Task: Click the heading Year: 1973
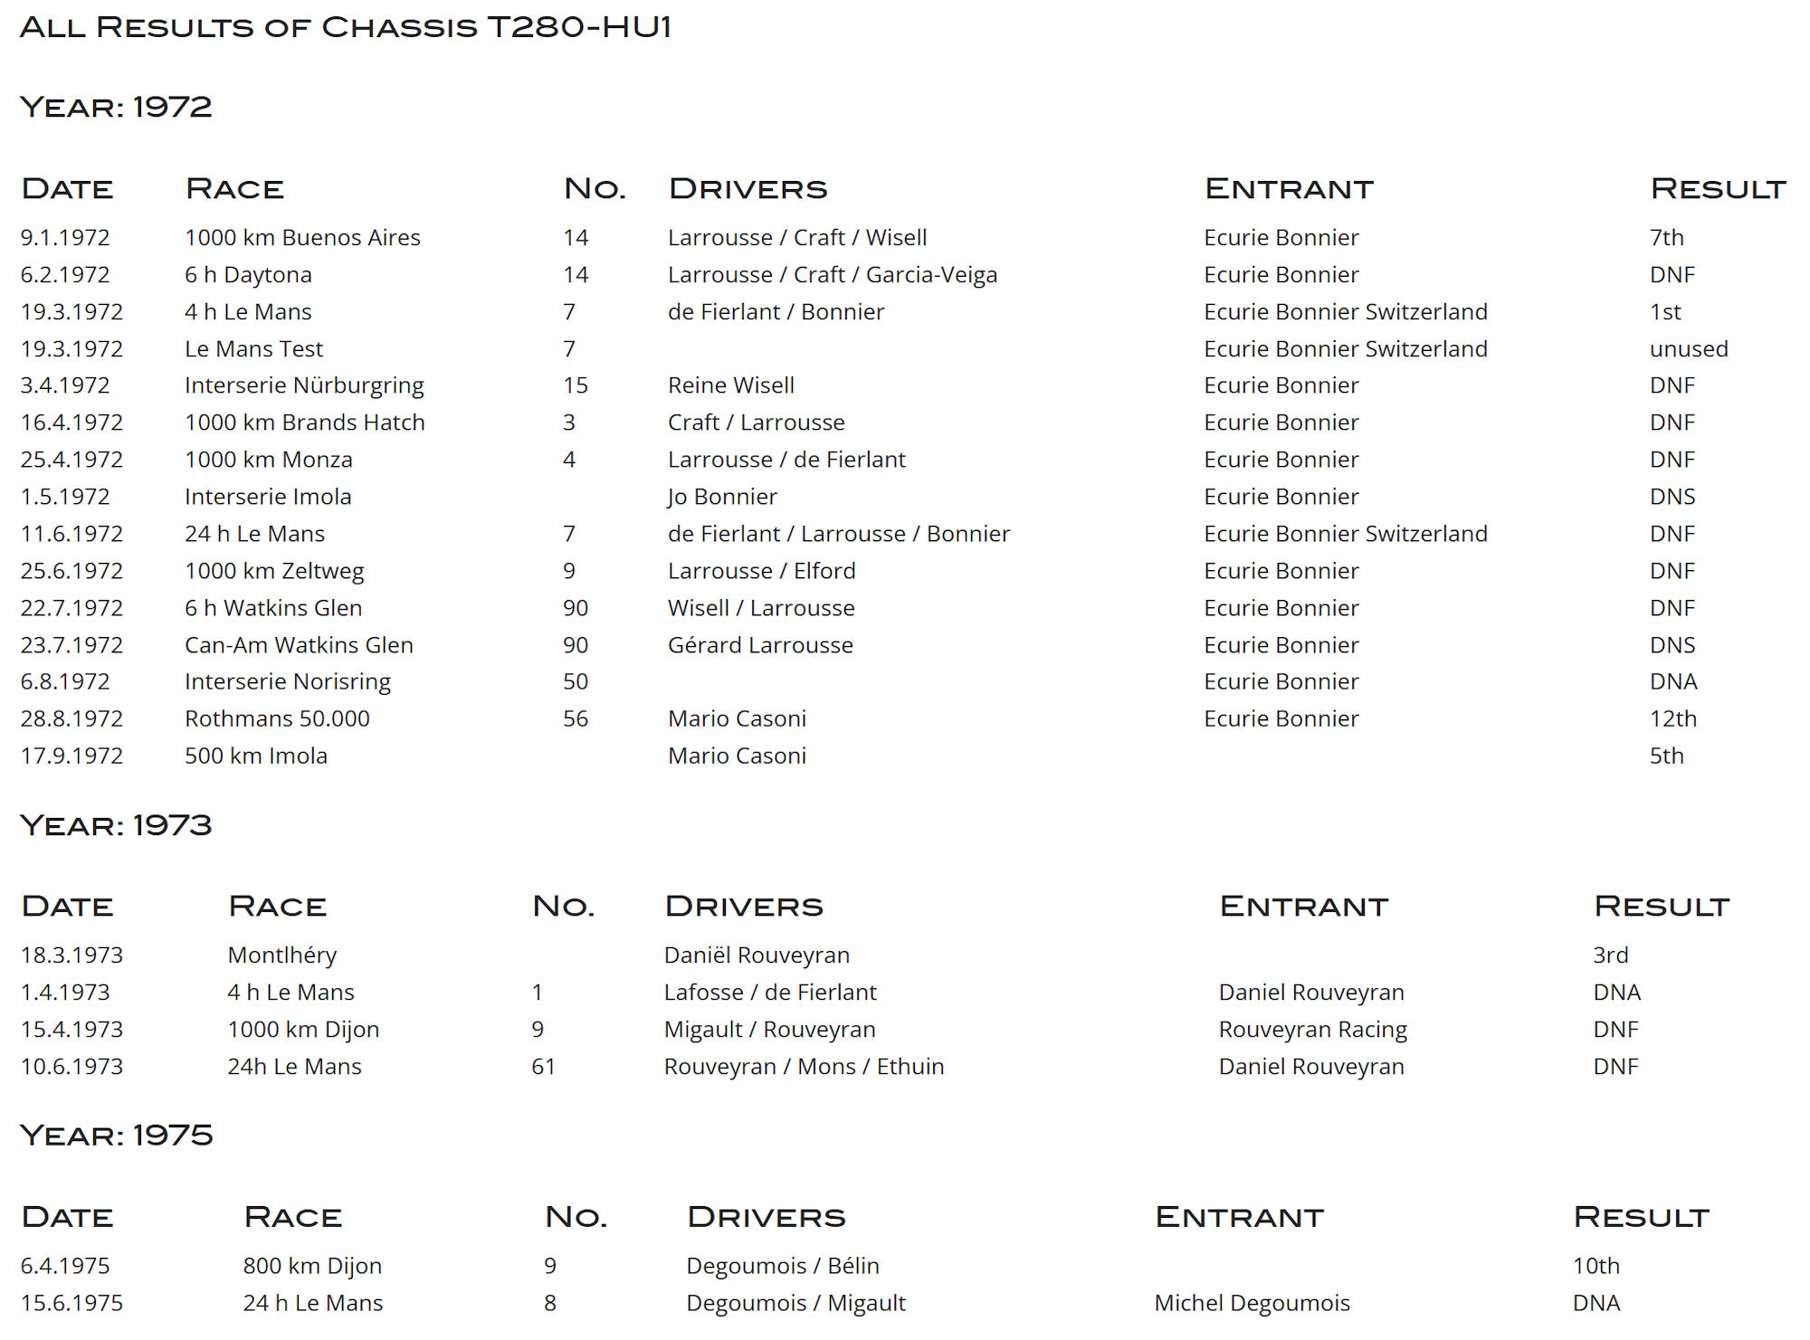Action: pos(116,825)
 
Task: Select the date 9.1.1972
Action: pos(65,238)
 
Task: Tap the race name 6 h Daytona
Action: pos(248,275)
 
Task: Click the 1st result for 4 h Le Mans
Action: pos(1664,312)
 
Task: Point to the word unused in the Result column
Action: pos(1688,349)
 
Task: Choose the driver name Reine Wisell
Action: pos(730,385)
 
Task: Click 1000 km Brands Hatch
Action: pos(304,423)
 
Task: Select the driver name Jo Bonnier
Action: pos(721,497)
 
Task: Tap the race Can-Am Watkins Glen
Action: pos(299,645)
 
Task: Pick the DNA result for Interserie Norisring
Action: pos(1672,682)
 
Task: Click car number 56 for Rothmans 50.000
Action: pos(575,719)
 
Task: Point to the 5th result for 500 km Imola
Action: pos(1666,756)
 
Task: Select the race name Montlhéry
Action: pos(281,955)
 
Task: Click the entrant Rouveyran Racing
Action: pos(1312,1030)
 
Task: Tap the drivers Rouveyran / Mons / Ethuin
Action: pos(804,1067)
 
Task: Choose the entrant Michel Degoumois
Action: pos(1252,1304)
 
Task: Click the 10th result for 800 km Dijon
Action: pos(1596,1267)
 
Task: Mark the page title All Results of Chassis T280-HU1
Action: pos(345,27)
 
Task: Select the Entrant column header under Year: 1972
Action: pos(1289,189)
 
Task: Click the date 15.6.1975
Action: pos(71,1304)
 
